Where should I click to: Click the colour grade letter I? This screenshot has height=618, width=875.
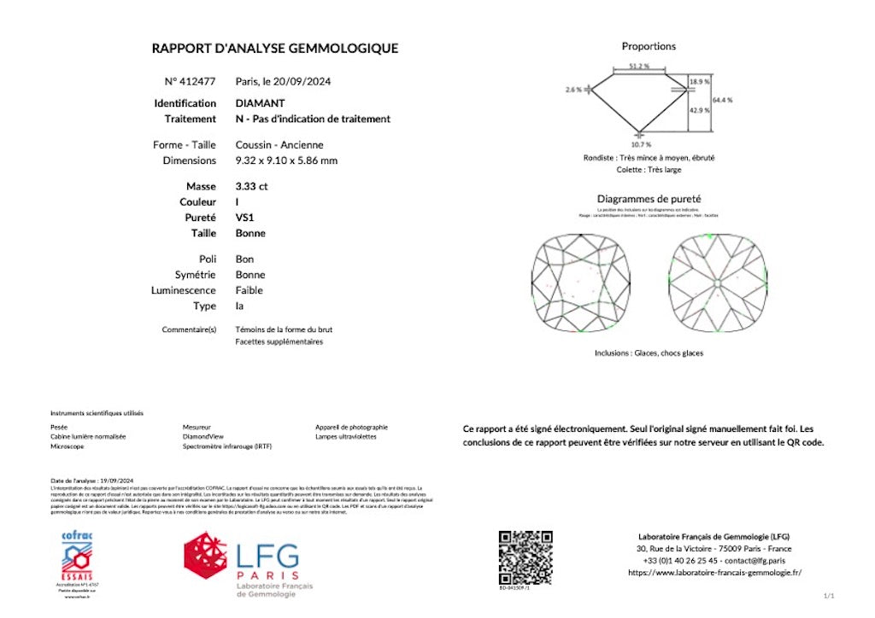238,202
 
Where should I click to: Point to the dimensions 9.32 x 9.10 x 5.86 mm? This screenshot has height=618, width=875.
285,160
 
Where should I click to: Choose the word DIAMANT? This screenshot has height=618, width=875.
260,103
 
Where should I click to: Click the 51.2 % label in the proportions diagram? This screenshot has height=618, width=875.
638,66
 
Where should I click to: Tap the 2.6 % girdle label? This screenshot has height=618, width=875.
573,89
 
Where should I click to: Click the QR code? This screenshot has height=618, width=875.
526,557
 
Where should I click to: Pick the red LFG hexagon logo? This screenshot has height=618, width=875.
205,555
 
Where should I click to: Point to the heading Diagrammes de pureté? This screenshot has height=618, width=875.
649,199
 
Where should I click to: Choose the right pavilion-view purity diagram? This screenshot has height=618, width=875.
718,284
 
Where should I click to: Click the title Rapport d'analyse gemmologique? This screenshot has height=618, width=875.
274,49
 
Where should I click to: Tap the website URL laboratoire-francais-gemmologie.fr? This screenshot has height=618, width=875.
715,573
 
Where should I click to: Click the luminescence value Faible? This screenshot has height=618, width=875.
250,290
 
